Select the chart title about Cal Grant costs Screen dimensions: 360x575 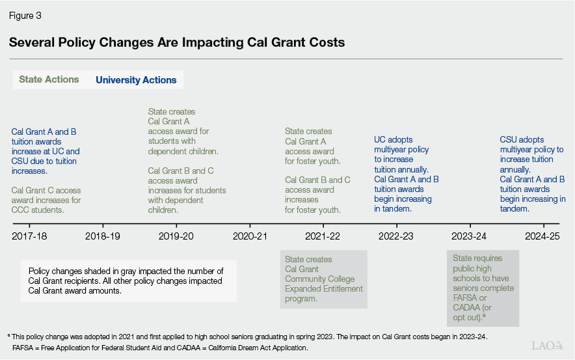point(176,42)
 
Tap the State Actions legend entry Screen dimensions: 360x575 point(49,79)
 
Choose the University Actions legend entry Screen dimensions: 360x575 point(136,80)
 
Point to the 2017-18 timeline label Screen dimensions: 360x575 point(31,236)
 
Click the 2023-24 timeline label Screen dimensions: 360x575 point(469,236)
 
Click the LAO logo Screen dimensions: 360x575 point(546,346)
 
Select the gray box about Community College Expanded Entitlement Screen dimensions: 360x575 point(323,279)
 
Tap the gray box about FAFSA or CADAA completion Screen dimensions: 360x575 point(482,288)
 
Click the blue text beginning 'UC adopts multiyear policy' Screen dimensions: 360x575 point(406,174)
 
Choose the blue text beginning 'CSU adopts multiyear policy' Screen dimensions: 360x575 point(531,174)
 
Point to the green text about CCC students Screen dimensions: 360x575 point(46,201)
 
